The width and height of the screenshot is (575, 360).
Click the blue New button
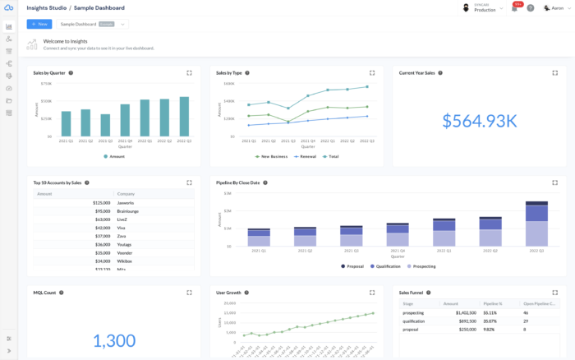[39, 24]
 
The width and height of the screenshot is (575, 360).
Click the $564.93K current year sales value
[479, 121]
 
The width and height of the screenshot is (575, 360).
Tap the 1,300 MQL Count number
[113, 340]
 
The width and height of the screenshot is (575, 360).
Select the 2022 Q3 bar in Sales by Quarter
[184, 117]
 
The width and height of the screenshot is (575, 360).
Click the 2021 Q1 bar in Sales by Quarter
[66, 123]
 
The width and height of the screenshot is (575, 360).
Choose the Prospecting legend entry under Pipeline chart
[421, 266]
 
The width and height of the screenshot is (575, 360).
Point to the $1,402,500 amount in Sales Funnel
[465, 313]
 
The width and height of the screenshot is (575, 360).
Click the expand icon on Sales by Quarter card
[189, 72]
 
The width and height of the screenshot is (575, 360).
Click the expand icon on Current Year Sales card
[554, 72]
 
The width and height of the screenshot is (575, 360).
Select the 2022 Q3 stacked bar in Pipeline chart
[536, 224]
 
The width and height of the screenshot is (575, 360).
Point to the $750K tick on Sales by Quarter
[46, 83]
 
